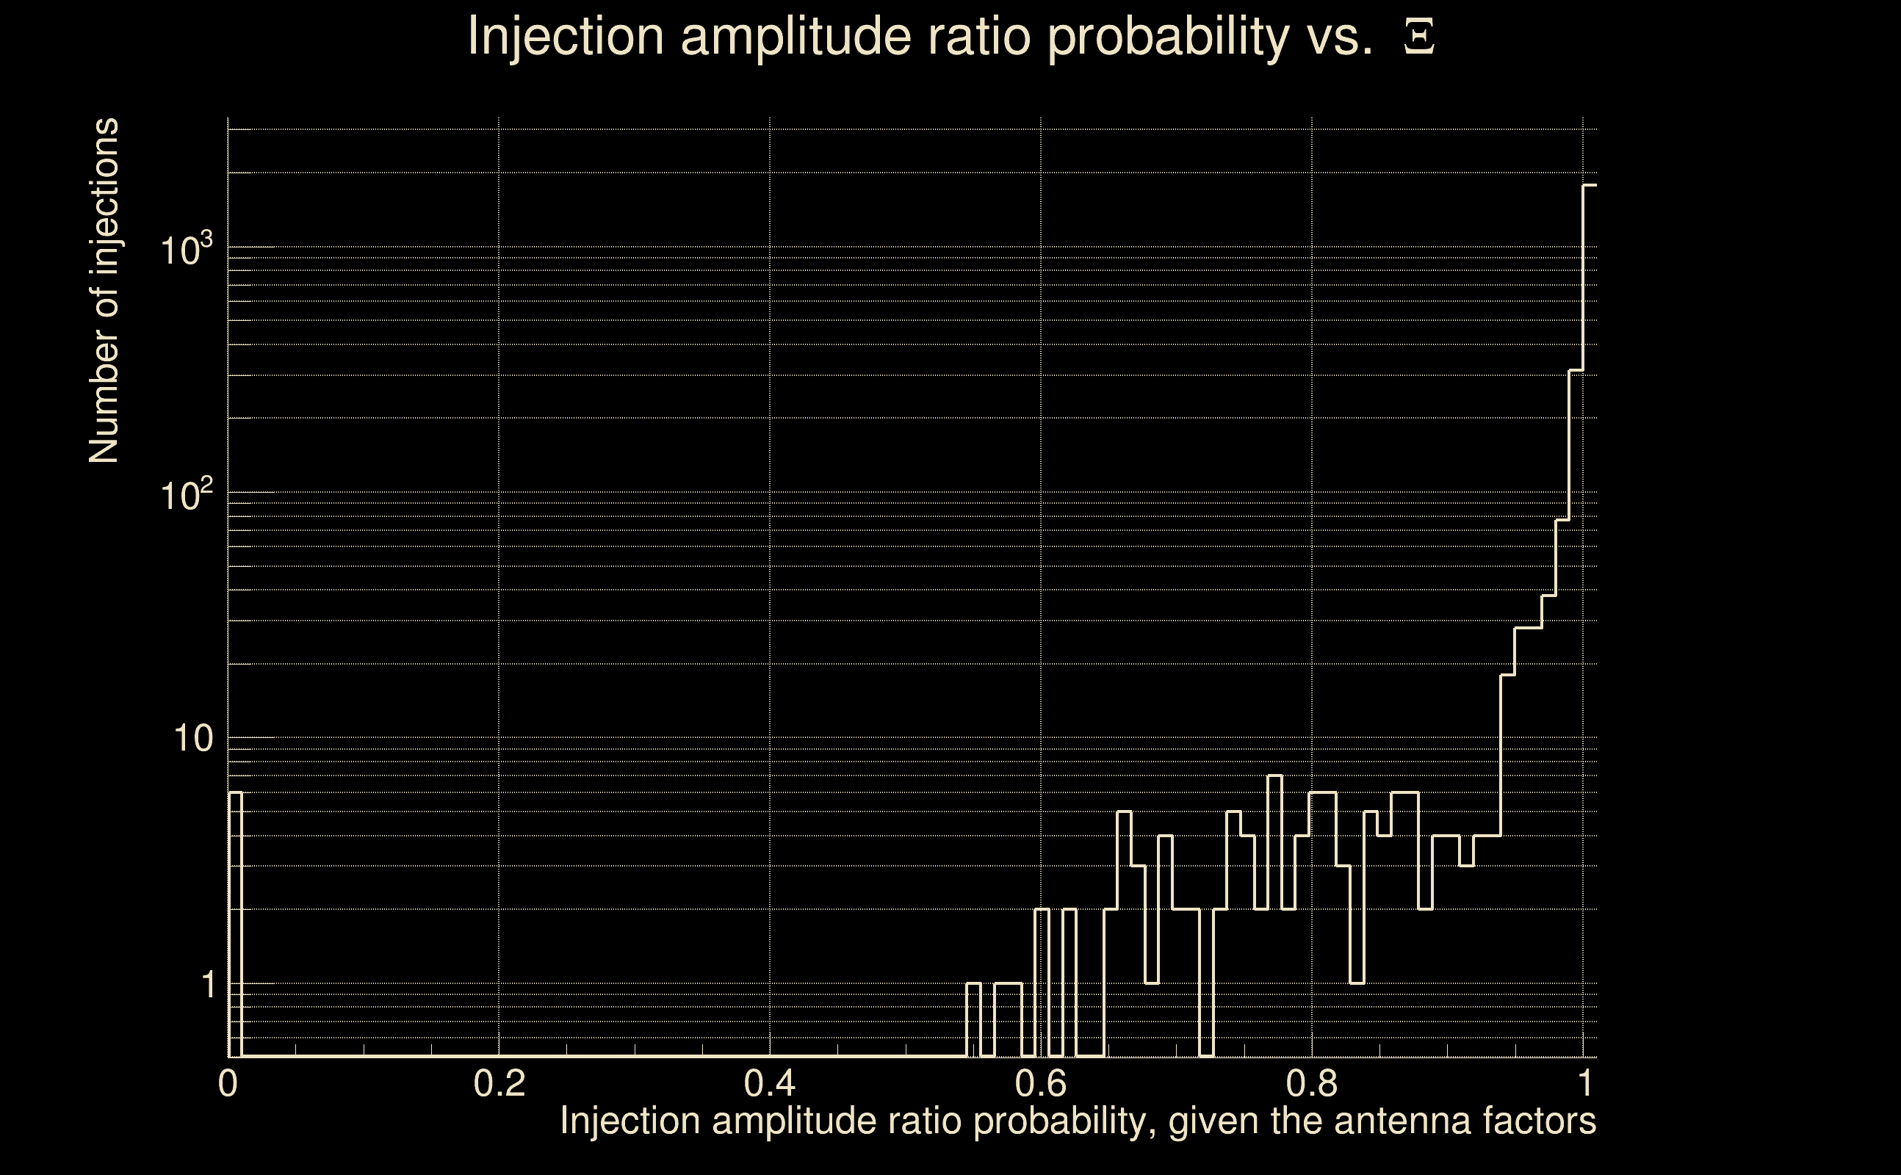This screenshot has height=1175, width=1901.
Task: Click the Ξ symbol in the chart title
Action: (x=1419, y=37)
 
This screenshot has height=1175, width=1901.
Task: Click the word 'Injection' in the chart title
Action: (x=566, y=37)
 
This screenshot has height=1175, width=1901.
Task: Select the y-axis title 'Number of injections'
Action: (x=104, y=291)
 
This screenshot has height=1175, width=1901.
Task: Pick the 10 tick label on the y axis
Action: (x=192, y=738)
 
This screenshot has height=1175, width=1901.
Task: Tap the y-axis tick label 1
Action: (x=208, y=985)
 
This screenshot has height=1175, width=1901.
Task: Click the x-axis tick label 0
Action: (x=228, y=1083)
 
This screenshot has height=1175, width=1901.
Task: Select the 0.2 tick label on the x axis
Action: (x=499, y=1083)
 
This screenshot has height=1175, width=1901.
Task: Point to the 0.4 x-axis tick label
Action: (x=769, y=1083)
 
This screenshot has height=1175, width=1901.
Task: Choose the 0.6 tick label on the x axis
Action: (x=1041, y=1083)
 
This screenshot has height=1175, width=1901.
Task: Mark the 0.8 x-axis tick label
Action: (x=1311, y=1083)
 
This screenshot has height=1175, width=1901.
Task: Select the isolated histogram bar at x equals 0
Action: (x=235, y=925)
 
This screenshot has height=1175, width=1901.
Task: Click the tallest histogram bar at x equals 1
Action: (x=1590, y=622)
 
